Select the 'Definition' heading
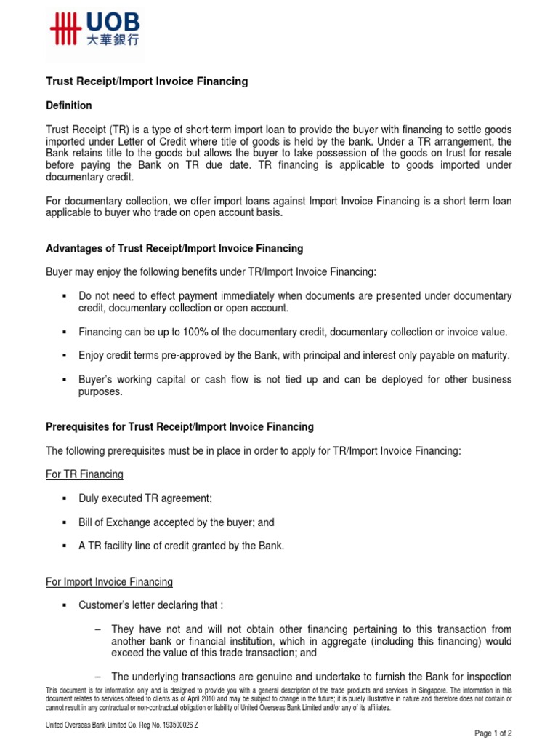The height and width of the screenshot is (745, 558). coord(68,105)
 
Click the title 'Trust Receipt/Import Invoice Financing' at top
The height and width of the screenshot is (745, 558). coord(147,81)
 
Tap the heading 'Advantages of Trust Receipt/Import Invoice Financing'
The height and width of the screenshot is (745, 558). coord(174,248)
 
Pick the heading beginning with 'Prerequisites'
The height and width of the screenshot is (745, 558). coord(179,426)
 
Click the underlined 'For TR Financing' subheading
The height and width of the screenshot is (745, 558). coord(84,474)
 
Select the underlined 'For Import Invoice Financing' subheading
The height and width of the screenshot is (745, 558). coord(109,581)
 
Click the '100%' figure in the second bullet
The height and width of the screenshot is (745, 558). coord(188,332)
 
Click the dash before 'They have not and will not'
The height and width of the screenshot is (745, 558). coord(97,629)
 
